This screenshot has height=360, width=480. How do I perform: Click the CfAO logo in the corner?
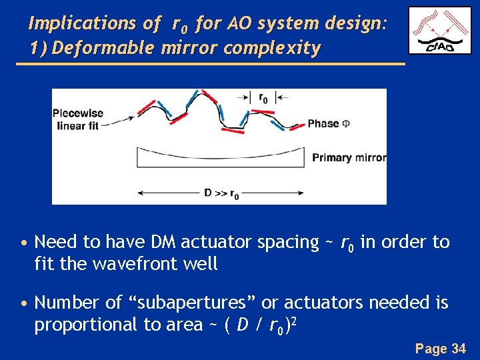pos(440,31)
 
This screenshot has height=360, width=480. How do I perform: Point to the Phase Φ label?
pos(328,124)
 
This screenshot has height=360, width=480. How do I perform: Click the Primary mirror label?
pos(349,158)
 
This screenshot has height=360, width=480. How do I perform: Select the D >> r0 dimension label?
pos(221,194)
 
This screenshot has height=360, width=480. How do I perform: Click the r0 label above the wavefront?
pos(263,97)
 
